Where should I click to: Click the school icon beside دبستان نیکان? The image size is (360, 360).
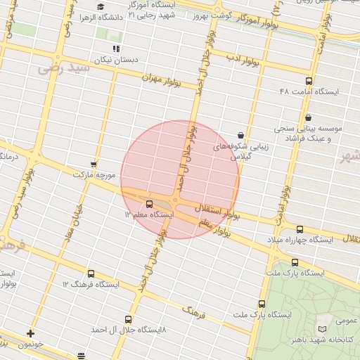(x=116, y=49)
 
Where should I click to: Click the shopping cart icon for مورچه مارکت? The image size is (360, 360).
(x=94, y=163)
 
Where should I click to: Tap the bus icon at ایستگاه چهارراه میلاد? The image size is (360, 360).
(x=300, y=229)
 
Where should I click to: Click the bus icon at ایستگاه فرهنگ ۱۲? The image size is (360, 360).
(x=90, y=274)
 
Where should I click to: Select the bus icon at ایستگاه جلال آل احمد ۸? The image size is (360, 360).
(x=127, y=319)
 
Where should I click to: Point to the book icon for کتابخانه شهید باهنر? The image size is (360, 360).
(x=322, y=329)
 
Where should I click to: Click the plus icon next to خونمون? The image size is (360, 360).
(x=30, y=333)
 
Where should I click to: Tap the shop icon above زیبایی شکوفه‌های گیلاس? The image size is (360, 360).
(x=241, y=135)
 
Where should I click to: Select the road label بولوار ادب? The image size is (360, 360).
(x=243, y=60)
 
